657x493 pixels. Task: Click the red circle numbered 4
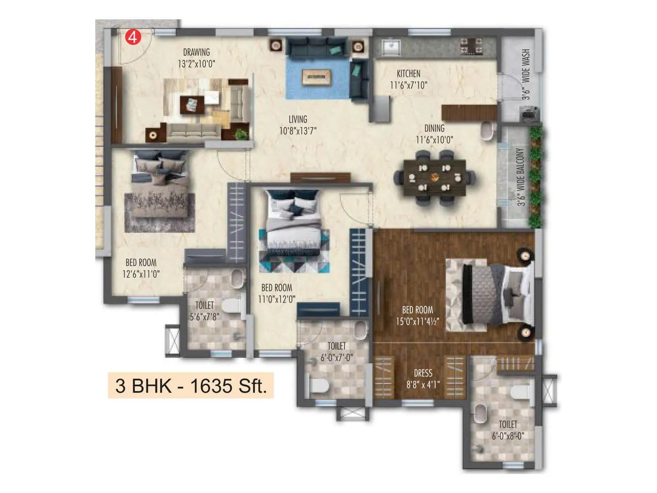tap(133, 37)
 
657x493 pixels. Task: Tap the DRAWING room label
tap(196, 53)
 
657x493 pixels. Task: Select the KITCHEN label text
tap(408, 74)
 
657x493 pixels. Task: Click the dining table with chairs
tap(434, 178)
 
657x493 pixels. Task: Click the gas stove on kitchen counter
tap(471, 46)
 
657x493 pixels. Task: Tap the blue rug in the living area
tap(317, 78)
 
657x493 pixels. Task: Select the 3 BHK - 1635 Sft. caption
tap(191, 386)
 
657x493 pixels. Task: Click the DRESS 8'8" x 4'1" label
tap(423, 378)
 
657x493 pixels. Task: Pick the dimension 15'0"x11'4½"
tap(417, 322)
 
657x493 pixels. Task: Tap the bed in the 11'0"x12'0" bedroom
tap(294, 224)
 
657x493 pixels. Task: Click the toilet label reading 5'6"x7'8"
tap(204, 317)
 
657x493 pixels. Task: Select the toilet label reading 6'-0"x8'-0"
tap(508, 436)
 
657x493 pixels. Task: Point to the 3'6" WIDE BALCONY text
tap(521, 177)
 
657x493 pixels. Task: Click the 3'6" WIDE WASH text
tap(526, 74)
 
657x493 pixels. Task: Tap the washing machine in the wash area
tap(530, 114)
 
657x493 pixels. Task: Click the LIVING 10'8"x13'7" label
tap(298, 125)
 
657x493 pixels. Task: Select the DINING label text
tap(434, 129)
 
